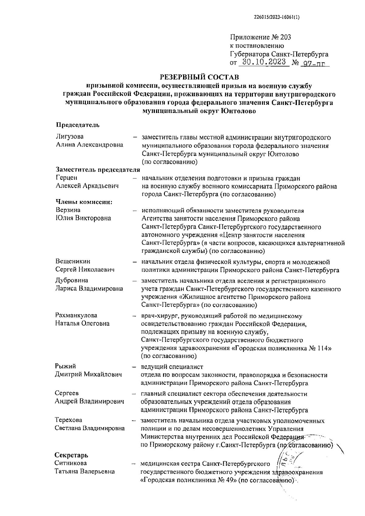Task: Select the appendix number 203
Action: (x=286, y=37)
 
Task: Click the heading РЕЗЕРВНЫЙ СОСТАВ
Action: (x=199, y=76)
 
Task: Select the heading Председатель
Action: (x=78, y=125)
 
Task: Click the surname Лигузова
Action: (x=70, y=137)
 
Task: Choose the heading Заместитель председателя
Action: (x=98, y=170)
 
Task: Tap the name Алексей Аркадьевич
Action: (x=87, y=186)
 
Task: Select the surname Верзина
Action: (x=68, y=210)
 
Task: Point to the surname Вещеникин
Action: (x=73, y=262)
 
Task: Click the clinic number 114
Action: (x=325, y=348)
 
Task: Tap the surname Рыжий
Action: (x=65, y=366)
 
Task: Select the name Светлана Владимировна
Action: (x=90, y=428)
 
